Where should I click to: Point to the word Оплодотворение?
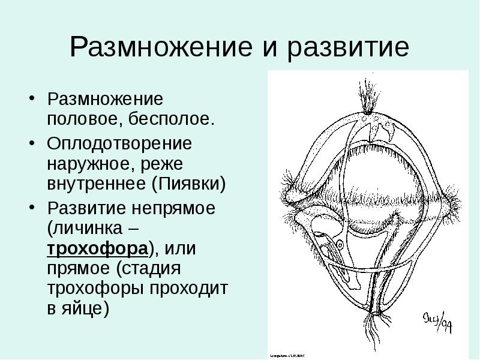(x=119, y=144)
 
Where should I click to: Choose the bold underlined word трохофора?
(x=96, y=248)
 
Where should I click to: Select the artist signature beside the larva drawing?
(x=438, y=322)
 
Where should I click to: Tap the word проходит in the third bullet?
(x=191, y=289)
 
